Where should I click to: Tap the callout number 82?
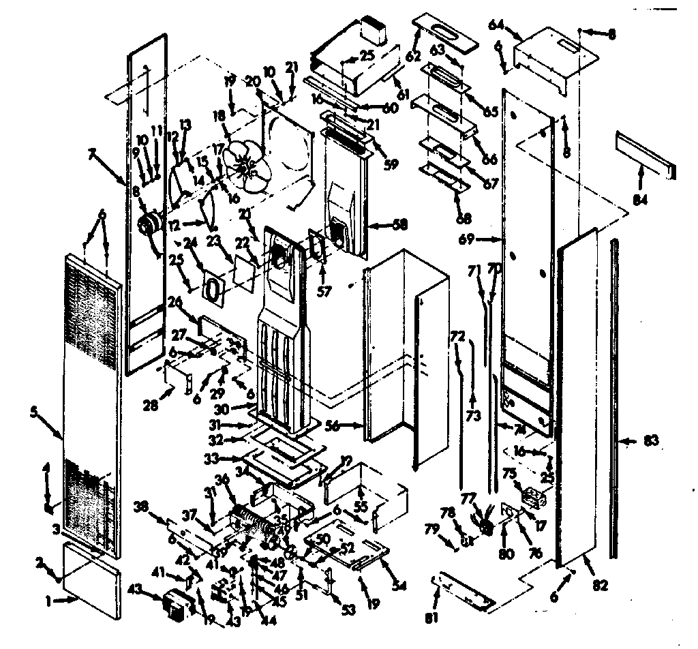click(x=600, y=584)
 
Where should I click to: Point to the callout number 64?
click(x=496, y=25)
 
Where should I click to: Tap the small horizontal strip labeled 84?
click(x=643, y=156)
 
